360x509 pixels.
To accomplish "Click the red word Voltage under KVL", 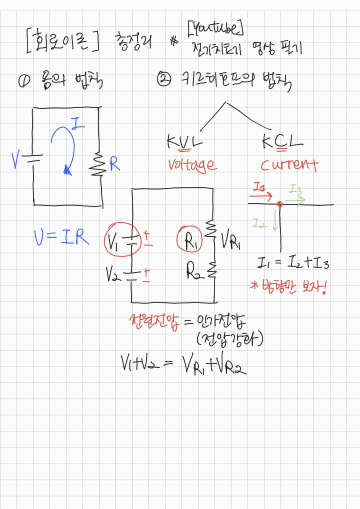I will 192,165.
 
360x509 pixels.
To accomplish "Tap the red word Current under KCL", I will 288,165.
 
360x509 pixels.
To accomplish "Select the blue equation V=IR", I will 61,238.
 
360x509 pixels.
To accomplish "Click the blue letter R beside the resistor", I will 114,164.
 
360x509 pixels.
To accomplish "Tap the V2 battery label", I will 113,273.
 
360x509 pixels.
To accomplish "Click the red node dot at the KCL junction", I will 279,204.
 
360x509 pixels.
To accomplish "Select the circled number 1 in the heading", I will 23,80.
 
